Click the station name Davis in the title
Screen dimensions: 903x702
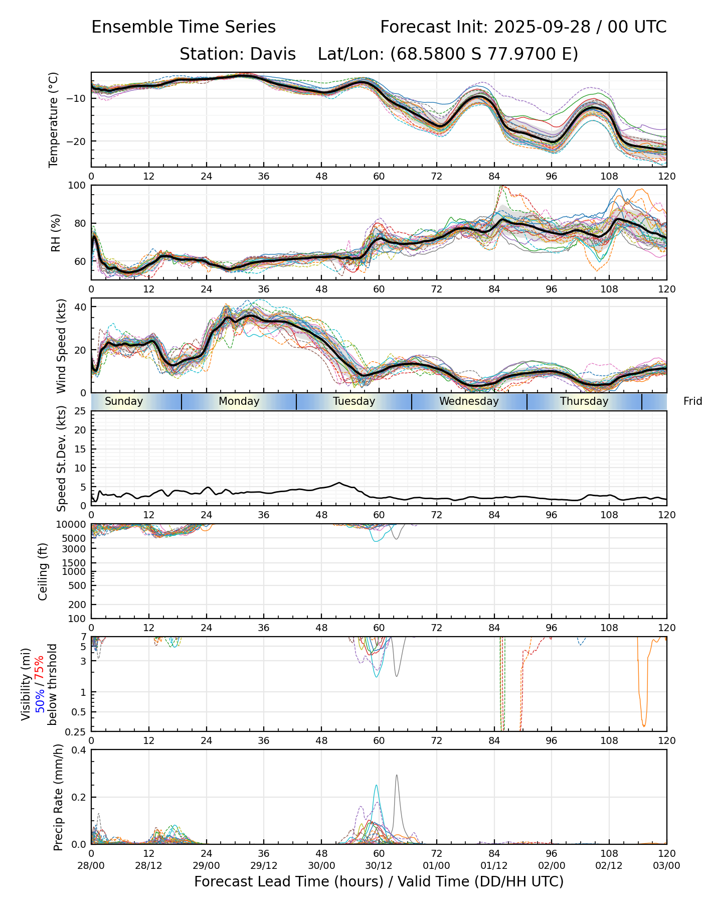(273, 54)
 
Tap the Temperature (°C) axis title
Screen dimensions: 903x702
(54, 119)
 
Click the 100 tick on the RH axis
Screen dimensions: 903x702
(77, 186)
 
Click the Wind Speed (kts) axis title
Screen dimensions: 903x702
(61, 346)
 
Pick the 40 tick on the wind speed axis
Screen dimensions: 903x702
(80, 307)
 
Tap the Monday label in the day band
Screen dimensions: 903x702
(239, 401)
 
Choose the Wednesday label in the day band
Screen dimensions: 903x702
(469, 401)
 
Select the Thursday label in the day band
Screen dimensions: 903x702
(584, 401)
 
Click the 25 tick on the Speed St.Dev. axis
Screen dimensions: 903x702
(80, 411)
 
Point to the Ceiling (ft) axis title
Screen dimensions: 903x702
(43, 571)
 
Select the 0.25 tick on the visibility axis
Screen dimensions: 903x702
(76, 731)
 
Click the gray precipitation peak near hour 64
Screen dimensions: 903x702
(397, 776)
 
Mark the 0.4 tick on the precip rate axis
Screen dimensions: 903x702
(79, 750)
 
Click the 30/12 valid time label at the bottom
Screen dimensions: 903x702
(379, 865)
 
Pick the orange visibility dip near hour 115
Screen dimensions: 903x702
(644, 725)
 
